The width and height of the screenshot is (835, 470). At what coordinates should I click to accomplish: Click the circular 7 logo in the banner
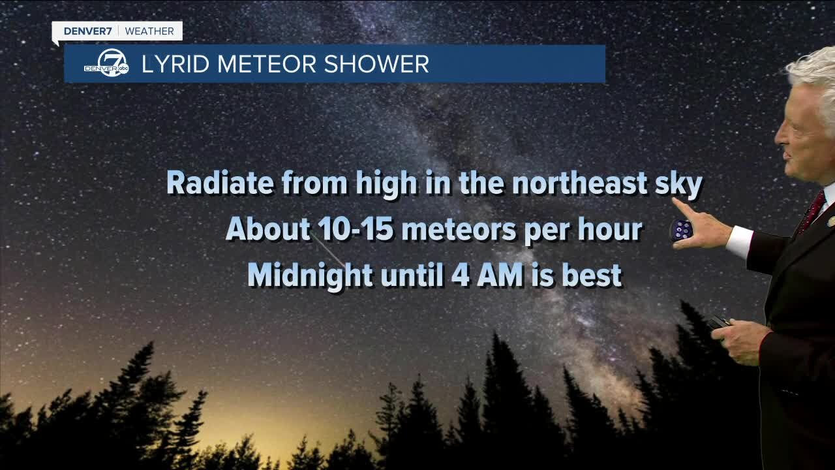click(113, 63)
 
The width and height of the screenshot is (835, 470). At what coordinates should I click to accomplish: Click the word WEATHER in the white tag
click(149, 31)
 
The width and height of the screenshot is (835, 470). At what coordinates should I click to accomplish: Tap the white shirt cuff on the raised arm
click(740, 240)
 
